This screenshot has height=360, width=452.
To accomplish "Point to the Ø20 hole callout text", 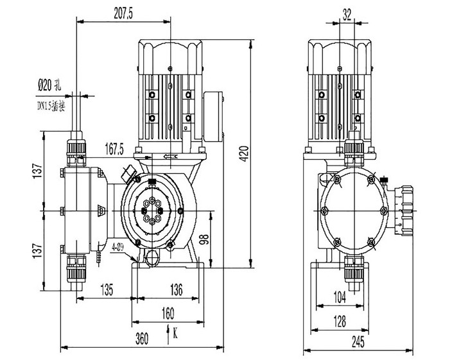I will (x=49, y=83).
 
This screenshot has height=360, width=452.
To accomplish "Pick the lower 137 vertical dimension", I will (x=38, y=247).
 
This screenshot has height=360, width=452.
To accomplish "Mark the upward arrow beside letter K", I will (x=168, y=331).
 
